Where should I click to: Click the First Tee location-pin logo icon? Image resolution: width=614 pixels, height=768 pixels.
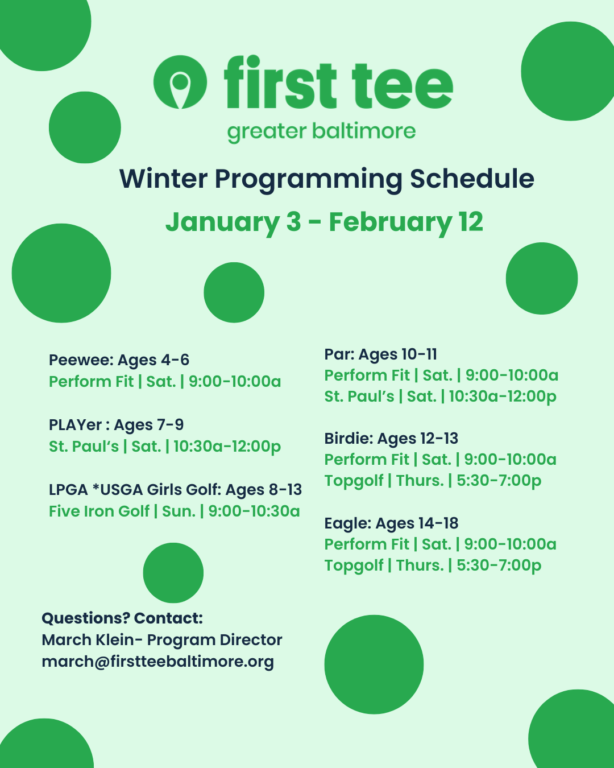coord(180,82)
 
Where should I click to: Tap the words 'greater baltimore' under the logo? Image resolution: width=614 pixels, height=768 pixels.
coord(321,133)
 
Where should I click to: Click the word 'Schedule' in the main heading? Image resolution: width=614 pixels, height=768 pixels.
coord(472,179)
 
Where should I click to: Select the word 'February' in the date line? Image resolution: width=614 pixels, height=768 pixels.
coord(391,222)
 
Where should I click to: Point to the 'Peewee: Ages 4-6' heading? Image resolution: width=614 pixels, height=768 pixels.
coord(119,360)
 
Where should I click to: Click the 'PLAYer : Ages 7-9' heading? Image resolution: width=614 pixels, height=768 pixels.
coord(117,425)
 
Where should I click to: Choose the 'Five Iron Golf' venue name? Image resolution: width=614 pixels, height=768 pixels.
coord(99,511)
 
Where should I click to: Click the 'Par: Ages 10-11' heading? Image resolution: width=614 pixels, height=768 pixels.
coord(381,354)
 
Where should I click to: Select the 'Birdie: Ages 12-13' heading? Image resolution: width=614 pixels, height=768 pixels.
coord(391,439)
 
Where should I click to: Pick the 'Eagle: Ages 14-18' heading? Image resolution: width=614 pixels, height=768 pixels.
coord(391,523)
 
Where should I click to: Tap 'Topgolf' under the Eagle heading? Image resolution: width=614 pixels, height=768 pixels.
coord(354,566)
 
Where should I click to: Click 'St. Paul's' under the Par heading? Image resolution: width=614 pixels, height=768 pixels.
coord(359,396)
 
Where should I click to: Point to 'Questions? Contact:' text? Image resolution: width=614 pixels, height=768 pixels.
coord(122,618)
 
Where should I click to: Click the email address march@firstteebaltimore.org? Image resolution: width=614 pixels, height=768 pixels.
coord(157,662)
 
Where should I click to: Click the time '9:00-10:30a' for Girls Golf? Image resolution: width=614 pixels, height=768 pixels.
coord(254,511)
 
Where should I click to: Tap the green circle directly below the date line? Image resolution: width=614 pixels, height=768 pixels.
coord(234,292)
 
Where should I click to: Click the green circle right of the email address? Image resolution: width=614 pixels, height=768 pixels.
coord(374,664)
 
